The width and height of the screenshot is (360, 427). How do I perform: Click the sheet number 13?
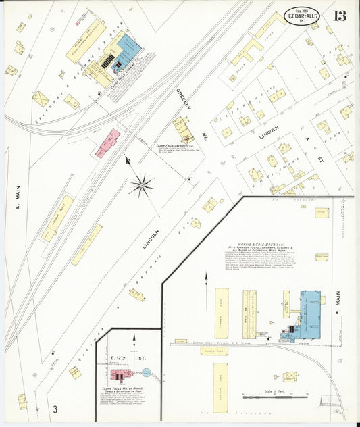(338, 16)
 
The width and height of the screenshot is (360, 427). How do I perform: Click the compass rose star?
(142, 184)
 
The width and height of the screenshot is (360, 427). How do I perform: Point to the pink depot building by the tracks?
(108, 143)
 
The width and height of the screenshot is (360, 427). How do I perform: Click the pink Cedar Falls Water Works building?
(121, 374)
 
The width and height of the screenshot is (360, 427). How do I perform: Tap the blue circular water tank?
(147, 372)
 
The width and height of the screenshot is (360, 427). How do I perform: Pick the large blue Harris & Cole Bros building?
(310, 314)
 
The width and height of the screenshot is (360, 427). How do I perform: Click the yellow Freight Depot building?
(57, 218)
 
